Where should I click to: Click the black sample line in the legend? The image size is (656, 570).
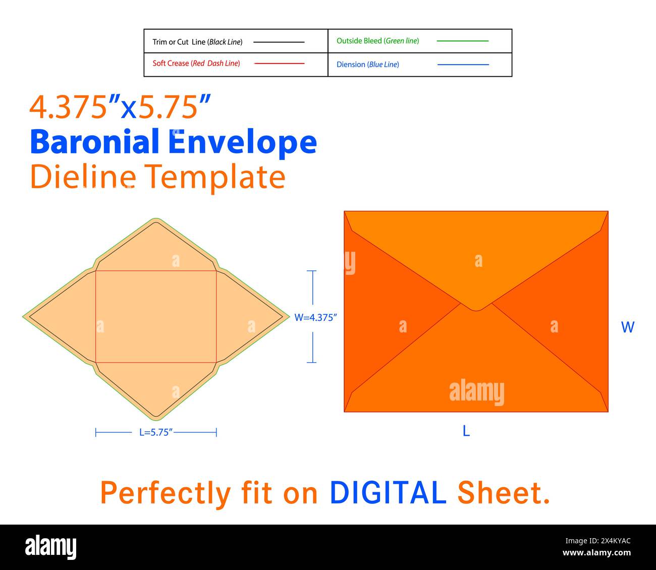(x=279, y=42)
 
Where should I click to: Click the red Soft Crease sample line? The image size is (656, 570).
(x=279, y=64)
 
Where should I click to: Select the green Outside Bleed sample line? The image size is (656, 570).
(x=462, y=41)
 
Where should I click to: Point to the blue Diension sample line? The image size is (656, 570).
(x=463, y=65)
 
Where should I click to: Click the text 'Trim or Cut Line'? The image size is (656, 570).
(x=179, y=42)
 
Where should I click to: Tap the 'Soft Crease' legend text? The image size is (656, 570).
(x=171, y=63)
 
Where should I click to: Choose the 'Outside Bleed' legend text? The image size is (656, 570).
(x=359, y=41)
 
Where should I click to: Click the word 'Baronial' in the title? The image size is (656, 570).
(x=94, y=141)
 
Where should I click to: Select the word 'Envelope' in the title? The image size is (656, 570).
(x=242, y=143)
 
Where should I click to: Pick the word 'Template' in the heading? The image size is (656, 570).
(x=216, y=178)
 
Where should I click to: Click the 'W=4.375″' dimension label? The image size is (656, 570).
(x=315, y=317)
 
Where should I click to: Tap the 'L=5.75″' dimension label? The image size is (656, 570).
(x=156, y=432)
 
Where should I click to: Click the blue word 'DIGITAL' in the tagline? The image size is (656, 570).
(x=388, y=492)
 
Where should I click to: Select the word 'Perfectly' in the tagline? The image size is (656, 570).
(x=166, y=494)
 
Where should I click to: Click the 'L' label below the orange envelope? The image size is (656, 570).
(x=466, y=431)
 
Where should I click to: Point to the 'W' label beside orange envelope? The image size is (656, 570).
(x=628, y=327)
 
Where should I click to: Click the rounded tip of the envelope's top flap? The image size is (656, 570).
(x=476, y=310)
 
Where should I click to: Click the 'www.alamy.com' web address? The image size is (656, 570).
(x=596, y=552)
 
